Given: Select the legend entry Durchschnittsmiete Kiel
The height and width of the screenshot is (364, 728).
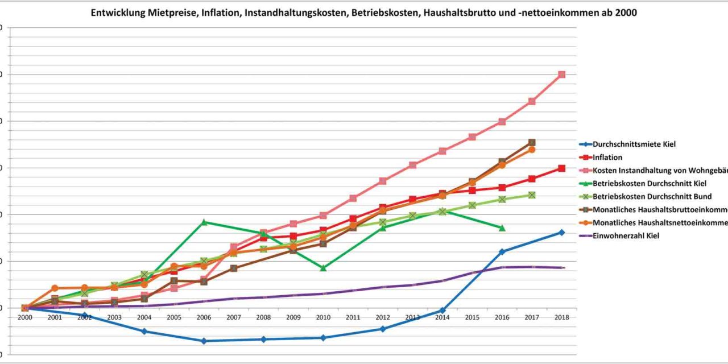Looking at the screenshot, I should (634, 144).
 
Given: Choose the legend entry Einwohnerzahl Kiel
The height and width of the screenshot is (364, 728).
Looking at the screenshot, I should (626, 235).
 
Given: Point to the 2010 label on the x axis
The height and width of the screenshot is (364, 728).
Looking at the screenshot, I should (323, 317).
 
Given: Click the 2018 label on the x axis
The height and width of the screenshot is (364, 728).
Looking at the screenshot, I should (561, 317).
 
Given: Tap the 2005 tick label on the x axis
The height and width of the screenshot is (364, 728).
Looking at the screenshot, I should (174, 317).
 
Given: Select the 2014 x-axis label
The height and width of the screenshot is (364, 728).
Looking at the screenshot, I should (442, 317).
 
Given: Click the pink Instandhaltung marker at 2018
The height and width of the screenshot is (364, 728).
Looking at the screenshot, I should (561, 75).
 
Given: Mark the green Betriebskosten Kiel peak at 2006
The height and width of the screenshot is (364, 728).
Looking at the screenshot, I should (204, 222).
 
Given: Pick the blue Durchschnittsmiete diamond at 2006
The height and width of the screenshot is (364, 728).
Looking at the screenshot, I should (204, 341).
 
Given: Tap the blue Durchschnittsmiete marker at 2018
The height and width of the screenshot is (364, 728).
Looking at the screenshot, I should (561, 232).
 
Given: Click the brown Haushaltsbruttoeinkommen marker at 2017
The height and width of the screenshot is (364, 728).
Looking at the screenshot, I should (532, 142).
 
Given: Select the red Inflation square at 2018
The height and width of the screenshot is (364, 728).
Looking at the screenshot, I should (561, 168).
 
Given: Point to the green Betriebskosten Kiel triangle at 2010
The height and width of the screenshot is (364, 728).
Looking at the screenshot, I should (323, 267).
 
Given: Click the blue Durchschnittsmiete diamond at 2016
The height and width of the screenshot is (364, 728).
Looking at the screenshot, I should (502, 251).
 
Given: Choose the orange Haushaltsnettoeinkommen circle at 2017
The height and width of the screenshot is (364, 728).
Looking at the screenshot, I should (532, 150).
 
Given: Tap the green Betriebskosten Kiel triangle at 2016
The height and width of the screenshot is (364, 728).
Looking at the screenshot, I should (502, 227).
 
